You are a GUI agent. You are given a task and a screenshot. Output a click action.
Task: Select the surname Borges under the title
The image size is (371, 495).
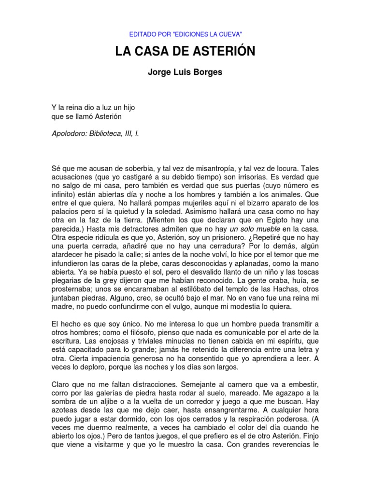tap(209, 73)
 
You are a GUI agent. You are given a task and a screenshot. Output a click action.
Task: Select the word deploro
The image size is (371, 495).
tap(99, 367)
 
